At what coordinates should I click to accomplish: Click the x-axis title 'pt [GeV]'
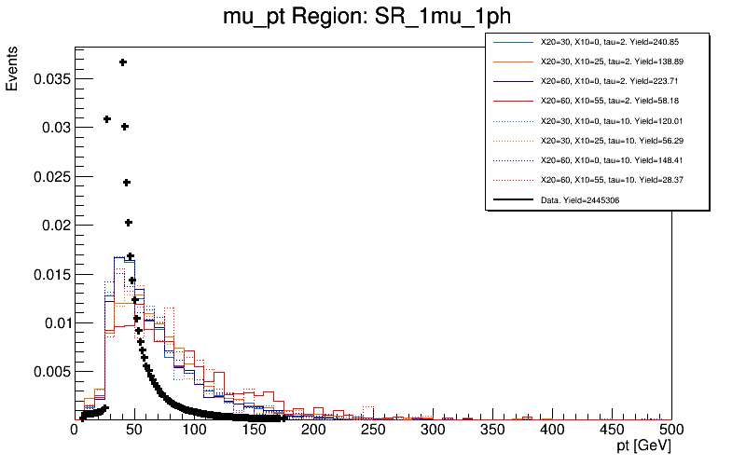pos(638,448)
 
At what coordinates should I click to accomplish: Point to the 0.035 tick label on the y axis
pos(50,79)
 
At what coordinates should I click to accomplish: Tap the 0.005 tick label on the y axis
pos(50,372)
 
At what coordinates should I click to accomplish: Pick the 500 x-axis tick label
pos(671,431)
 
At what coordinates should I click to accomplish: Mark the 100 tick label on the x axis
pos(194,431)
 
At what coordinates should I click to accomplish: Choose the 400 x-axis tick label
pos(552,431)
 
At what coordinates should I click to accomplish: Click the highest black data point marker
pos(122,62)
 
